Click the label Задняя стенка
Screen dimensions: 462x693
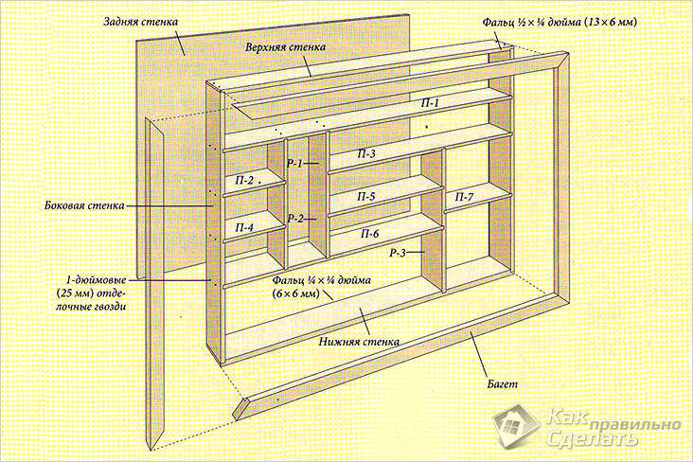[137, 22]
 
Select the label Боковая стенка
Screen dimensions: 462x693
[78, 204]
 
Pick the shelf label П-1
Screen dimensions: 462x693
[431, 102]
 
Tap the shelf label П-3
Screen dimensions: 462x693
[366, 152]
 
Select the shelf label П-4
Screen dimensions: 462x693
[244, 227]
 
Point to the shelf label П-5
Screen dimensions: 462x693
[366, 196]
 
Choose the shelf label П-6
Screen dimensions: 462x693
[368, 233]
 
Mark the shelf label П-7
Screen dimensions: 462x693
[464, 196]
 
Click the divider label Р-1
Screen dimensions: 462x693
[294, 164]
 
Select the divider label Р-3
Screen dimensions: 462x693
[397, 254]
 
